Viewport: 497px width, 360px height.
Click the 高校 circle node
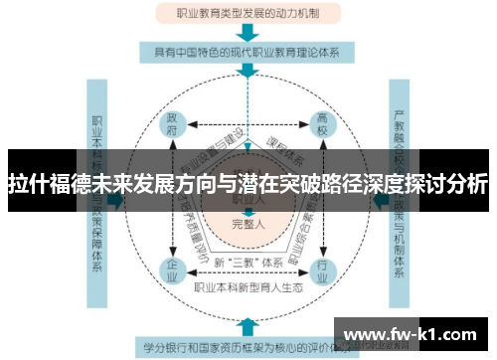[x=322, y=127]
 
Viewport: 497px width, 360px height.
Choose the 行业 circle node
[x=322, y=268]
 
